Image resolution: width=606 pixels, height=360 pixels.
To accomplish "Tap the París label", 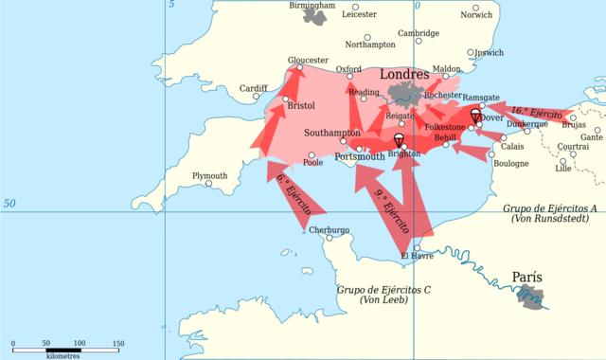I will click(x=527, y=278).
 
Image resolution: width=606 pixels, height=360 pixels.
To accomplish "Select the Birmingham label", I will click(x=312, y=6).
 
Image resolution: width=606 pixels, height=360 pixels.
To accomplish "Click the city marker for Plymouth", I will click(x=208, y=184).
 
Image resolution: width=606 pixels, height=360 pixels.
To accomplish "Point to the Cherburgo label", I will click(x=330, y=229).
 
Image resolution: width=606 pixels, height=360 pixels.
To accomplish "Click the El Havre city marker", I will click(x=417, y=248).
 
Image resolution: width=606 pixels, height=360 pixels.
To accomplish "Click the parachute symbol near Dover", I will click(x=475, y=115).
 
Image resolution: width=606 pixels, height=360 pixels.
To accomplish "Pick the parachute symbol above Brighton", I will click(x=399, y=140).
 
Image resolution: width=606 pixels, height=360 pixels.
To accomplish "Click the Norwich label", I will click(x=476, y=15).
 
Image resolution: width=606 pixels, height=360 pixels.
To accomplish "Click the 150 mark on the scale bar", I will click(x=118, y=343).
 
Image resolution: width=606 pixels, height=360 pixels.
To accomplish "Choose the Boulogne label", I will click(x=511, y=163).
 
